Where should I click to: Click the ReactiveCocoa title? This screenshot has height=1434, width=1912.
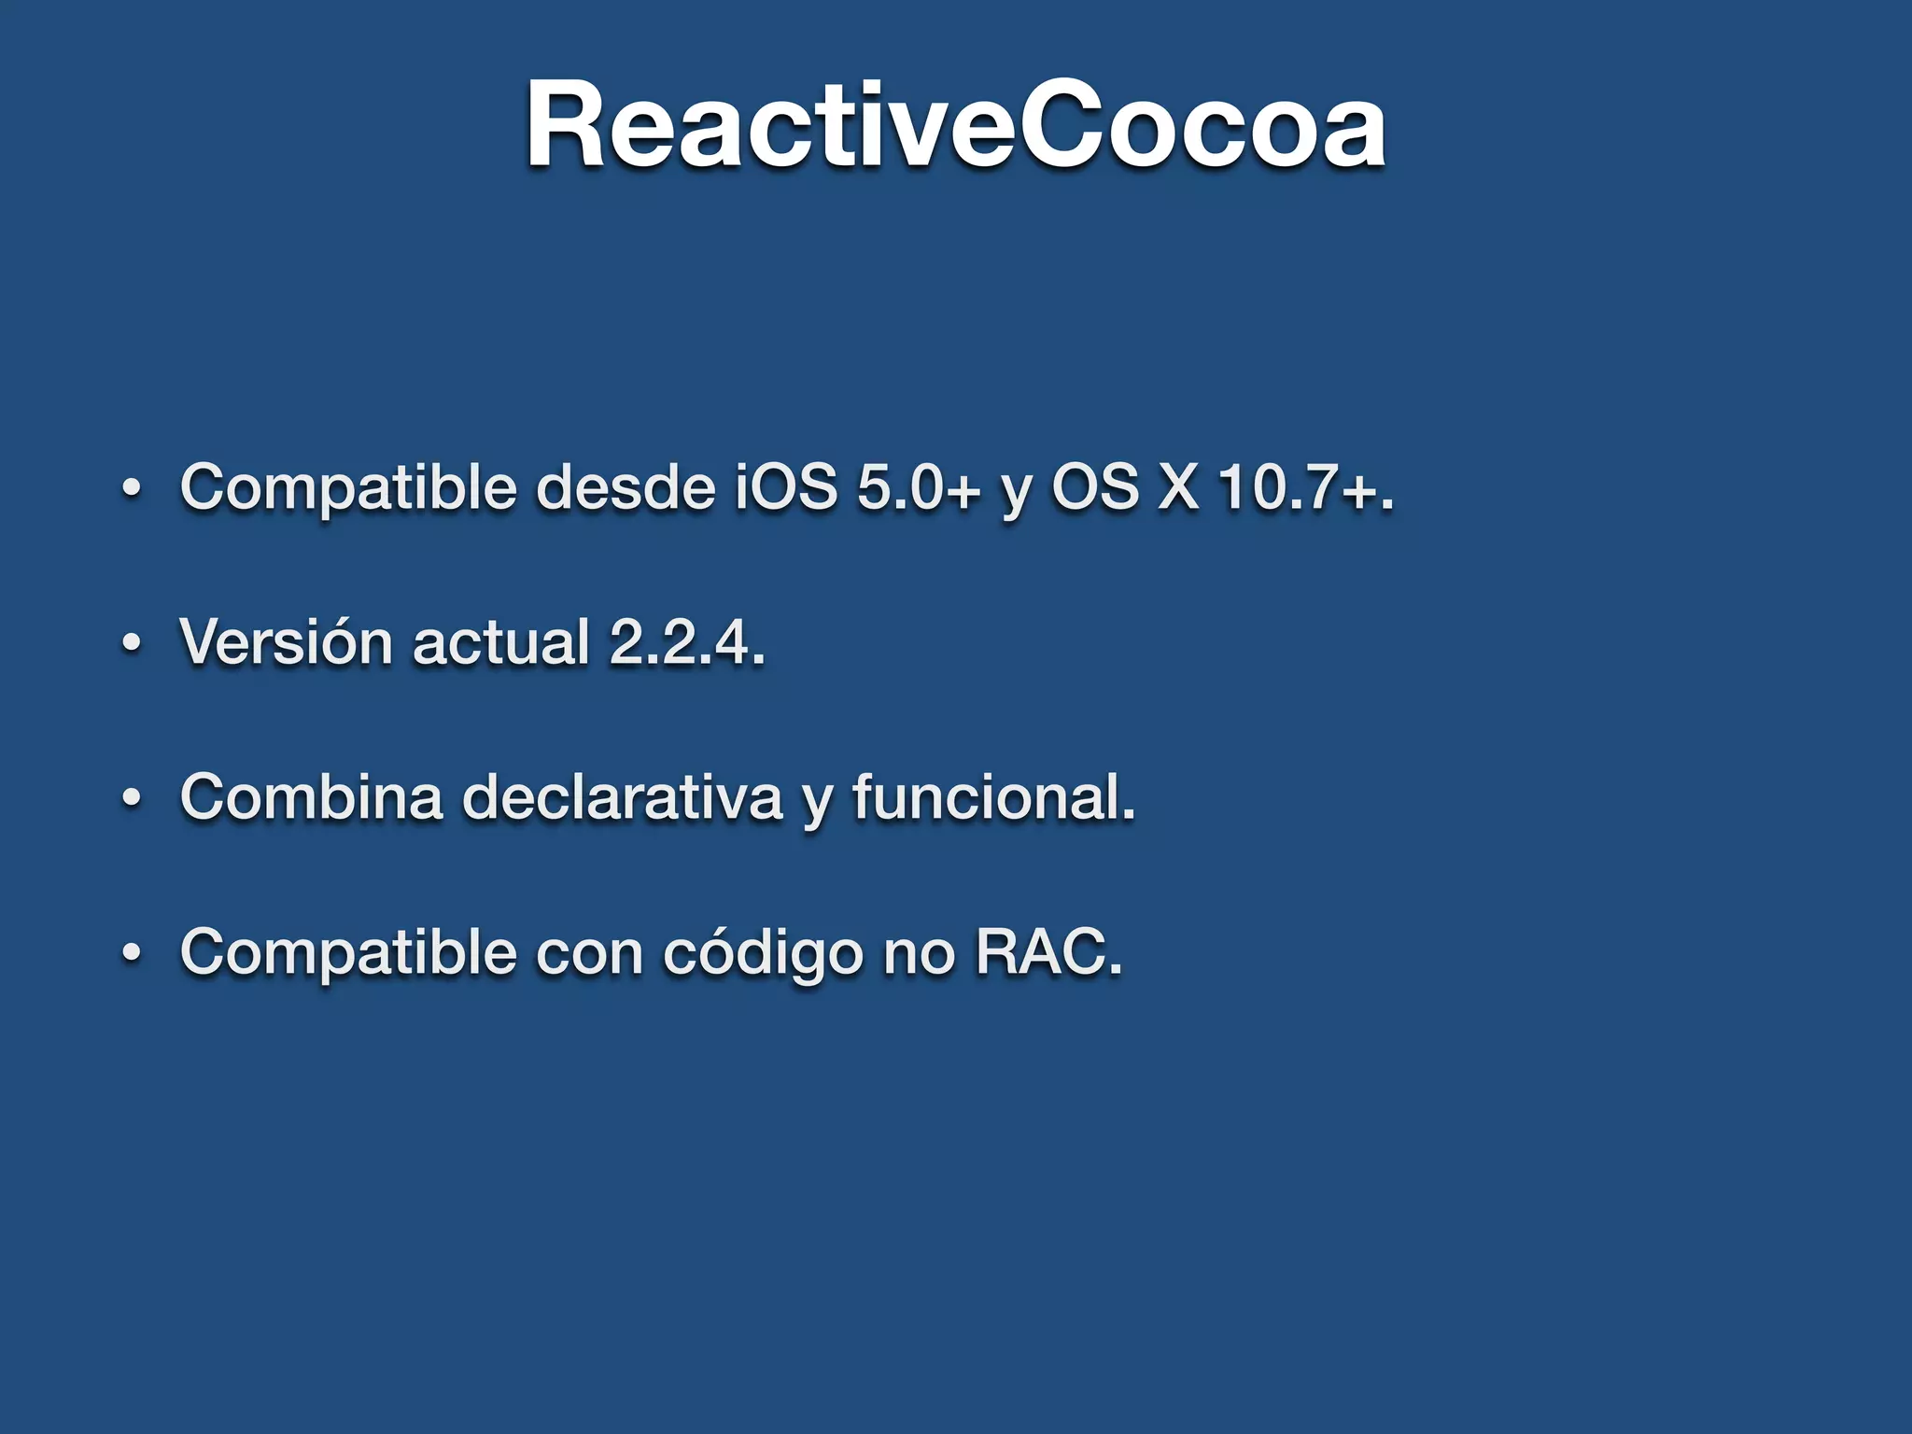point(955,126)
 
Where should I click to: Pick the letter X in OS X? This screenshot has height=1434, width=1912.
point(1177,487)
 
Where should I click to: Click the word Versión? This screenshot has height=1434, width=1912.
point(286,642)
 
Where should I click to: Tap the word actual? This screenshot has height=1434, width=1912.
point(500,642)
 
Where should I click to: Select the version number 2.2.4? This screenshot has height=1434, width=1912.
point(686,642)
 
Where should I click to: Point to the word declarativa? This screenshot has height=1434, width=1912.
point(622,797)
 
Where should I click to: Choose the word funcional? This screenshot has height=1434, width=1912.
point(993,797)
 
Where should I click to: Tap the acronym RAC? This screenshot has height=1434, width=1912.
point(1047,952)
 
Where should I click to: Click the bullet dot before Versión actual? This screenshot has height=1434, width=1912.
point(132,643)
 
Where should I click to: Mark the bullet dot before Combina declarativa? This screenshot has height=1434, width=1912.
point(132,798)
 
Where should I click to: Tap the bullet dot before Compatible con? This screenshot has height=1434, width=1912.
point(132,953)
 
